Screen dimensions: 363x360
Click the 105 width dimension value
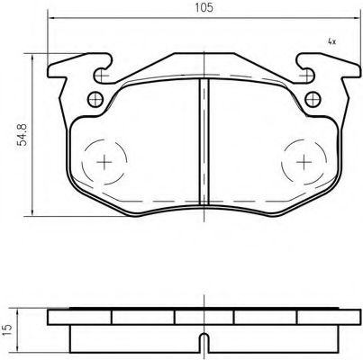click(204, 7)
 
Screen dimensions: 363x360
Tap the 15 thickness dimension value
click(8, 329)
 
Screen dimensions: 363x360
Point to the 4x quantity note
click(331, 41)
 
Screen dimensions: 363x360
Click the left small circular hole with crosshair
click(95, 99)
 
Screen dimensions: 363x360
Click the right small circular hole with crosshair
click(313, 99)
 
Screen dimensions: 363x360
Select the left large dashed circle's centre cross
click(104, 162)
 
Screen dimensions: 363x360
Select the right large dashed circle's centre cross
click(304, 162)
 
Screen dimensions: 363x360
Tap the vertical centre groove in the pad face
click(204, 141)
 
